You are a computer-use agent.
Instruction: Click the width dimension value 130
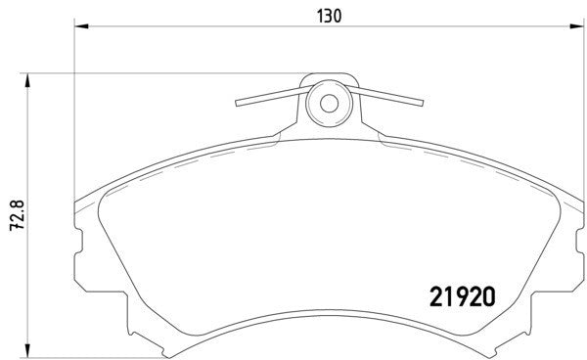pos(327,17)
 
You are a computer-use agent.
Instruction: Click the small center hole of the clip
pos(329,101)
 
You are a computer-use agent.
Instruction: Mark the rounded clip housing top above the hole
pos(329,77)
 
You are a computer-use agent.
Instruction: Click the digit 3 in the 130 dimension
pos(327,17)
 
